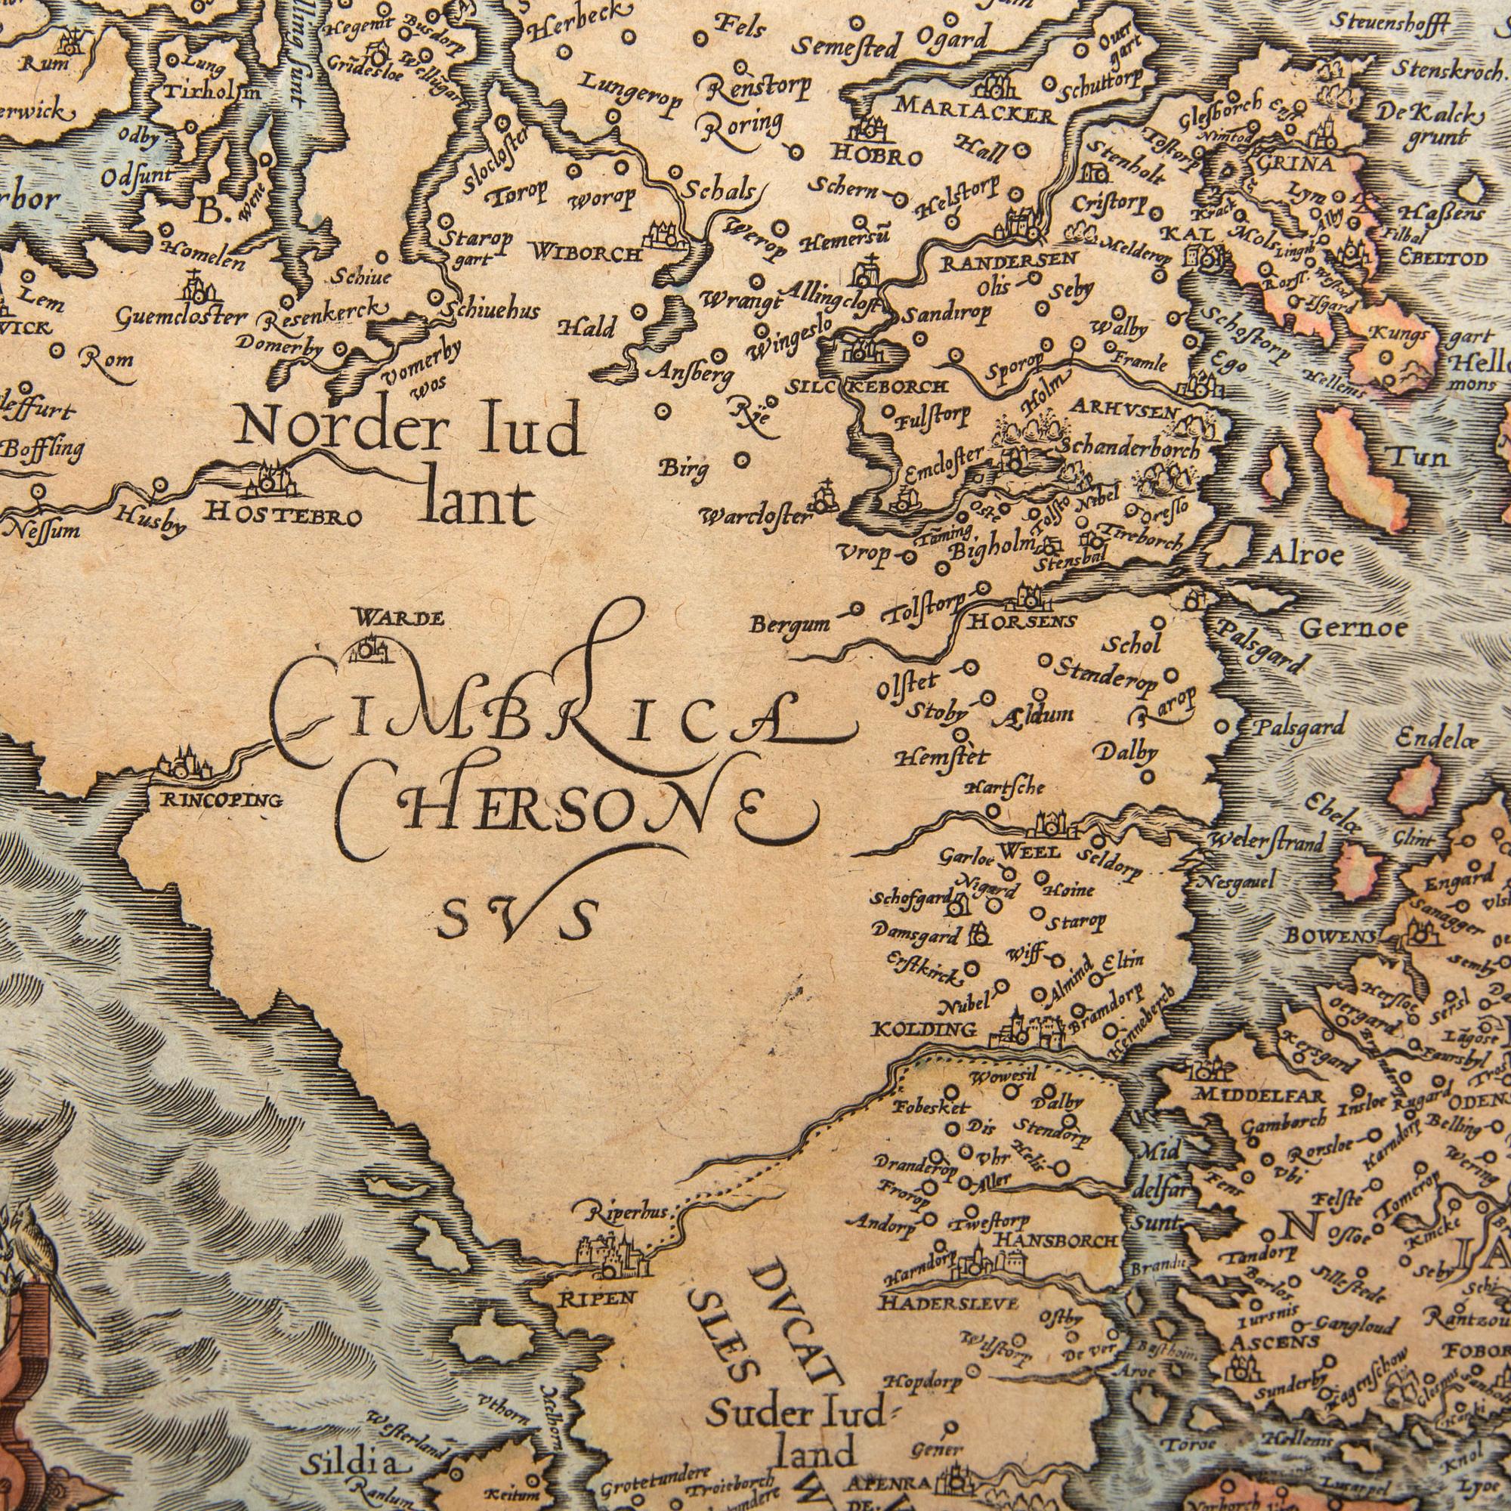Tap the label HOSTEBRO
coord(283,516)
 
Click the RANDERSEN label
coord(1009,261)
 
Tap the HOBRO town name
coord(876,156)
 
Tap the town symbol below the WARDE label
coord(371,649)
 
